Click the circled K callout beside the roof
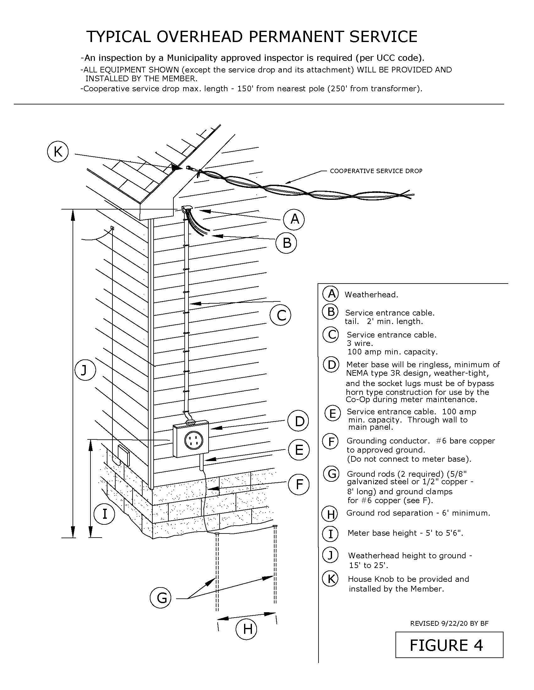tap(57, 152)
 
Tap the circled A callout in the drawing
tap(294, 219)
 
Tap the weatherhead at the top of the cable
tap(187, 208)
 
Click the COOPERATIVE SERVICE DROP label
tap(376, 171)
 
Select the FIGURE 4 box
tap(449, 645)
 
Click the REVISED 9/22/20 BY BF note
tap(449, 623)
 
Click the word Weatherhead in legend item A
tap(371, 295)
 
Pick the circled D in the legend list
tap(331, 365)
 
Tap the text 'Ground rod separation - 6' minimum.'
tap(418, 513)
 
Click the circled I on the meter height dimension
tap(104, 514)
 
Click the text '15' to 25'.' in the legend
tap(368, 565)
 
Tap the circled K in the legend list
tap(330, 579)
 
